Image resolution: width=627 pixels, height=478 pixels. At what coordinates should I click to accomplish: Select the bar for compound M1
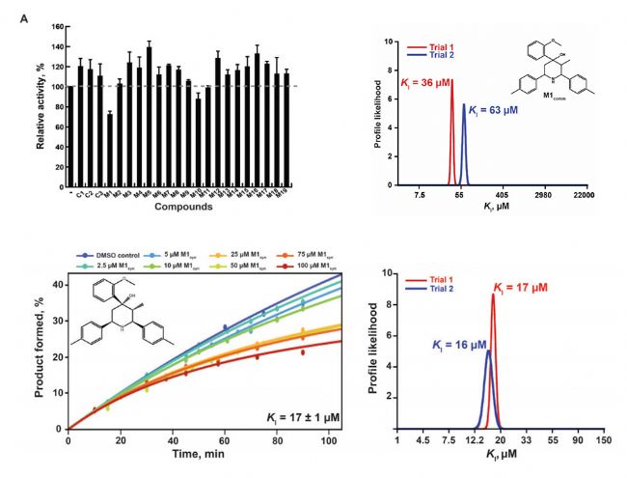point(110,150)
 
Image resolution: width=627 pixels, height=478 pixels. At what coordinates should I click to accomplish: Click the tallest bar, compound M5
point(149,116)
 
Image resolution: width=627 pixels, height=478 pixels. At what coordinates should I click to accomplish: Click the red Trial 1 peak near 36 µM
point(450,135)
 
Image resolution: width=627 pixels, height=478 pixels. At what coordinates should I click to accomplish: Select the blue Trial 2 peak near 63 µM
point(464,145)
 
